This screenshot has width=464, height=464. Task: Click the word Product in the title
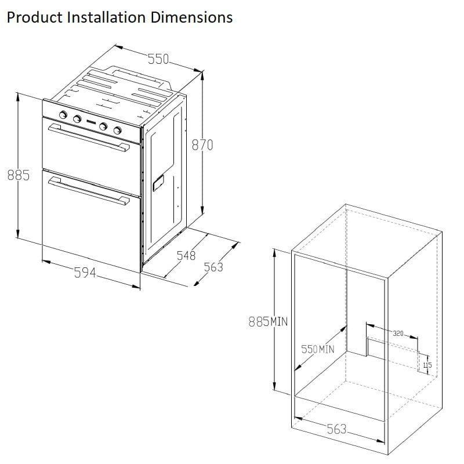[x=34, y=17]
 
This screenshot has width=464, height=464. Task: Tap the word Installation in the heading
[x=106, y=17]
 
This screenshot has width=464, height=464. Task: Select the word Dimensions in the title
[x=191, y=17]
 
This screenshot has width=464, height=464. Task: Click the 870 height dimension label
[x=202, y=145]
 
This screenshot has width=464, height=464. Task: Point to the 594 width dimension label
[x=85, y=273]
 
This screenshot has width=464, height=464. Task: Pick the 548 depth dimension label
[x=186, y=255]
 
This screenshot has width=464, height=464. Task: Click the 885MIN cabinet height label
[x=268, y=321]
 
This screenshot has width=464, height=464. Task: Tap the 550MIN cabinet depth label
[x=317, y=349]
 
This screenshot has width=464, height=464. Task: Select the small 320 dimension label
[x=398, y=333]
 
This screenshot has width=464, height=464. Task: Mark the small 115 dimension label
[x=427, y=365]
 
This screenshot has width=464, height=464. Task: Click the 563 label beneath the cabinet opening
[x=336, y=429]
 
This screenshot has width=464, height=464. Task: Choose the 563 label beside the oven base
[x=213, y=267]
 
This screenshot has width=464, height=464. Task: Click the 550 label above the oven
[x=158, y=59]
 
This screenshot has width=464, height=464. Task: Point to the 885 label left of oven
[x=19, y=175]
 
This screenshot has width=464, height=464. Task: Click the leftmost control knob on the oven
[x=63, y=115]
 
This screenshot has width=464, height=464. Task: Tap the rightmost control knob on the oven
[x=118, y=130]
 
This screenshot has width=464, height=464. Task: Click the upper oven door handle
[x=89, y=138]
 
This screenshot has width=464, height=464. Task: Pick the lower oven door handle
[x=89, y=191]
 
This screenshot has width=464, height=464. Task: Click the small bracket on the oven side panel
[x=158, y=183]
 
